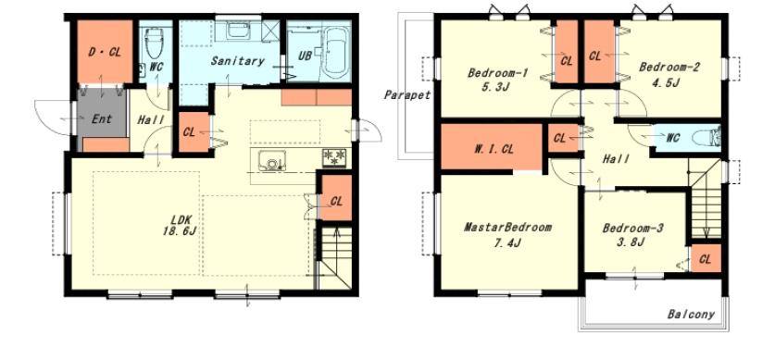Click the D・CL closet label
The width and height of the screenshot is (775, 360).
[105, 52]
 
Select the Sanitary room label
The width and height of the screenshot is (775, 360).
[238, 61]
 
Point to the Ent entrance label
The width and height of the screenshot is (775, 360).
[102, 119]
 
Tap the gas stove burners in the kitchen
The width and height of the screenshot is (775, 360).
[334, 158]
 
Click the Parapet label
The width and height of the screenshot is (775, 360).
[407, 95]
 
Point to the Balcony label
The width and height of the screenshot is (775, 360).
[691, 314]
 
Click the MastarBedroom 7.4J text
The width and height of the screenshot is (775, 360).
[507, 235]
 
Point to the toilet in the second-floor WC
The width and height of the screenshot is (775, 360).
[706, 137]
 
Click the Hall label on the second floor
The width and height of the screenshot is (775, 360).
[616, 159]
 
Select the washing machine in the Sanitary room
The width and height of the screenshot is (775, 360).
[239, 31]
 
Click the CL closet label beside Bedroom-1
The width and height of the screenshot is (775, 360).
[567, 61]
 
